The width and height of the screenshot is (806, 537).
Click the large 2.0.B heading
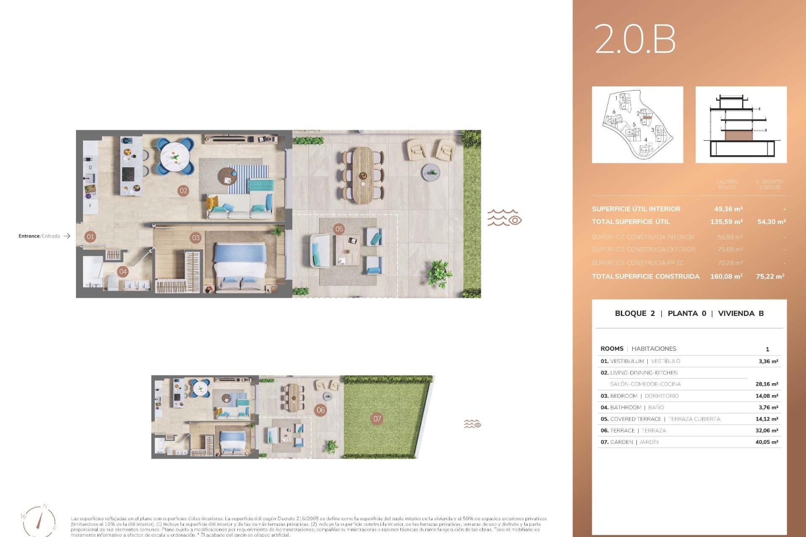point(635,39)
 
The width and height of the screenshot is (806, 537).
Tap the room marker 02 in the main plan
point(183,190)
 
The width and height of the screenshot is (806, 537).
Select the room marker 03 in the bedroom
point(196,237)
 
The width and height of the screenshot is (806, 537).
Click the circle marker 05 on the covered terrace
point(339,229)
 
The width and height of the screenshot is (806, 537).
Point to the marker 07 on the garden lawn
point(377,418)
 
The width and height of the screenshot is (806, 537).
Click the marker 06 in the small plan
point(321,410)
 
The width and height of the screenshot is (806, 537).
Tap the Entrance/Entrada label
point(39,236)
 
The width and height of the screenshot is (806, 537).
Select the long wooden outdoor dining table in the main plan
point(363,175)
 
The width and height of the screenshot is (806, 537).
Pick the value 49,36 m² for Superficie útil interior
point(728,209)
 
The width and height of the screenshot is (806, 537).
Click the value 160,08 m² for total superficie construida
point(726,276)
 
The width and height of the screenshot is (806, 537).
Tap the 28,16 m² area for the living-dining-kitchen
point(767,384)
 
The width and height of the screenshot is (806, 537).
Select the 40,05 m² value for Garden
point(767,442)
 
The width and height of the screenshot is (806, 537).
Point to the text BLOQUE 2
point(634,313)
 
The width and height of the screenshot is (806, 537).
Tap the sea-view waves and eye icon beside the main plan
point(504,218)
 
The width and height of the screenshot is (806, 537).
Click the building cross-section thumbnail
point(741,125)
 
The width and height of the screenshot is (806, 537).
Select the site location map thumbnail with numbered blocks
point(637,125)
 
